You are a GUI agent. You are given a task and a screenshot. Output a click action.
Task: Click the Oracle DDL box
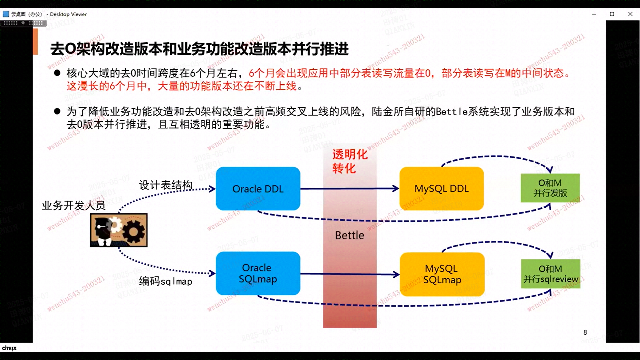point(258,189)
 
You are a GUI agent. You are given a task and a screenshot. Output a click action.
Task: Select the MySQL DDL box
point(441,189)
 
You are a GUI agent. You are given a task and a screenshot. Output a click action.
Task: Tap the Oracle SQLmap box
point(258,273)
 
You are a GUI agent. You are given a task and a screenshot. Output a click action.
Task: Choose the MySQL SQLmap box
point(442,274)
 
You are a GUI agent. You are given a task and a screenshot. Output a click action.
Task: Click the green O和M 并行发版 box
point(550,188)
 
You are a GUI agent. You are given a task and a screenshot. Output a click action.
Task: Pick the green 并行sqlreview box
point(550,274)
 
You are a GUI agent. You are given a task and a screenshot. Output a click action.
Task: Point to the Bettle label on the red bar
point(349,235)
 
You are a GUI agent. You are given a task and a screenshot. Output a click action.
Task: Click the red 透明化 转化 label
point(349,161)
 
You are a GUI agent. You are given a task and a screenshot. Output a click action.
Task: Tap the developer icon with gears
point(119,230)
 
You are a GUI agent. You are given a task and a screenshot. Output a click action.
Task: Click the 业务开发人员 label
point(73,205)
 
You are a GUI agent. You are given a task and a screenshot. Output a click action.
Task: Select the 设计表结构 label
point(166,185)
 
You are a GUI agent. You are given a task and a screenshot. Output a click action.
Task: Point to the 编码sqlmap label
point(166,281)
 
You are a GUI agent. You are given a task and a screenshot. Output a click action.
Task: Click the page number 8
point(585,332)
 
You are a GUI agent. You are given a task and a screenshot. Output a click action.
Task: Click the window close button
point(630,14)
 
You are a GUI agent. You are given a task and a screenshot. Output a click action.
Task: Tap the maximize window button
point(612,14)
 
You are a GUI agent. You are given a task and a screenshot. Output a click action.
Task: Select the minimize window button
point(594,14)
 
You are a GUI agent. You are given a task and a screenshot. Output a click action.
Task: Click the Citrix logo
point(9,348)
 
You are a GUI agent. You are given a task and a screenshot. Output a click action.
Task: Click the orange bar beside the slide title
point(35,41)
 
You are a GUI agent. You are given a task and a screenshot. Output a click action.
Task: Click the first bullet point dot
point(57,73)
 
